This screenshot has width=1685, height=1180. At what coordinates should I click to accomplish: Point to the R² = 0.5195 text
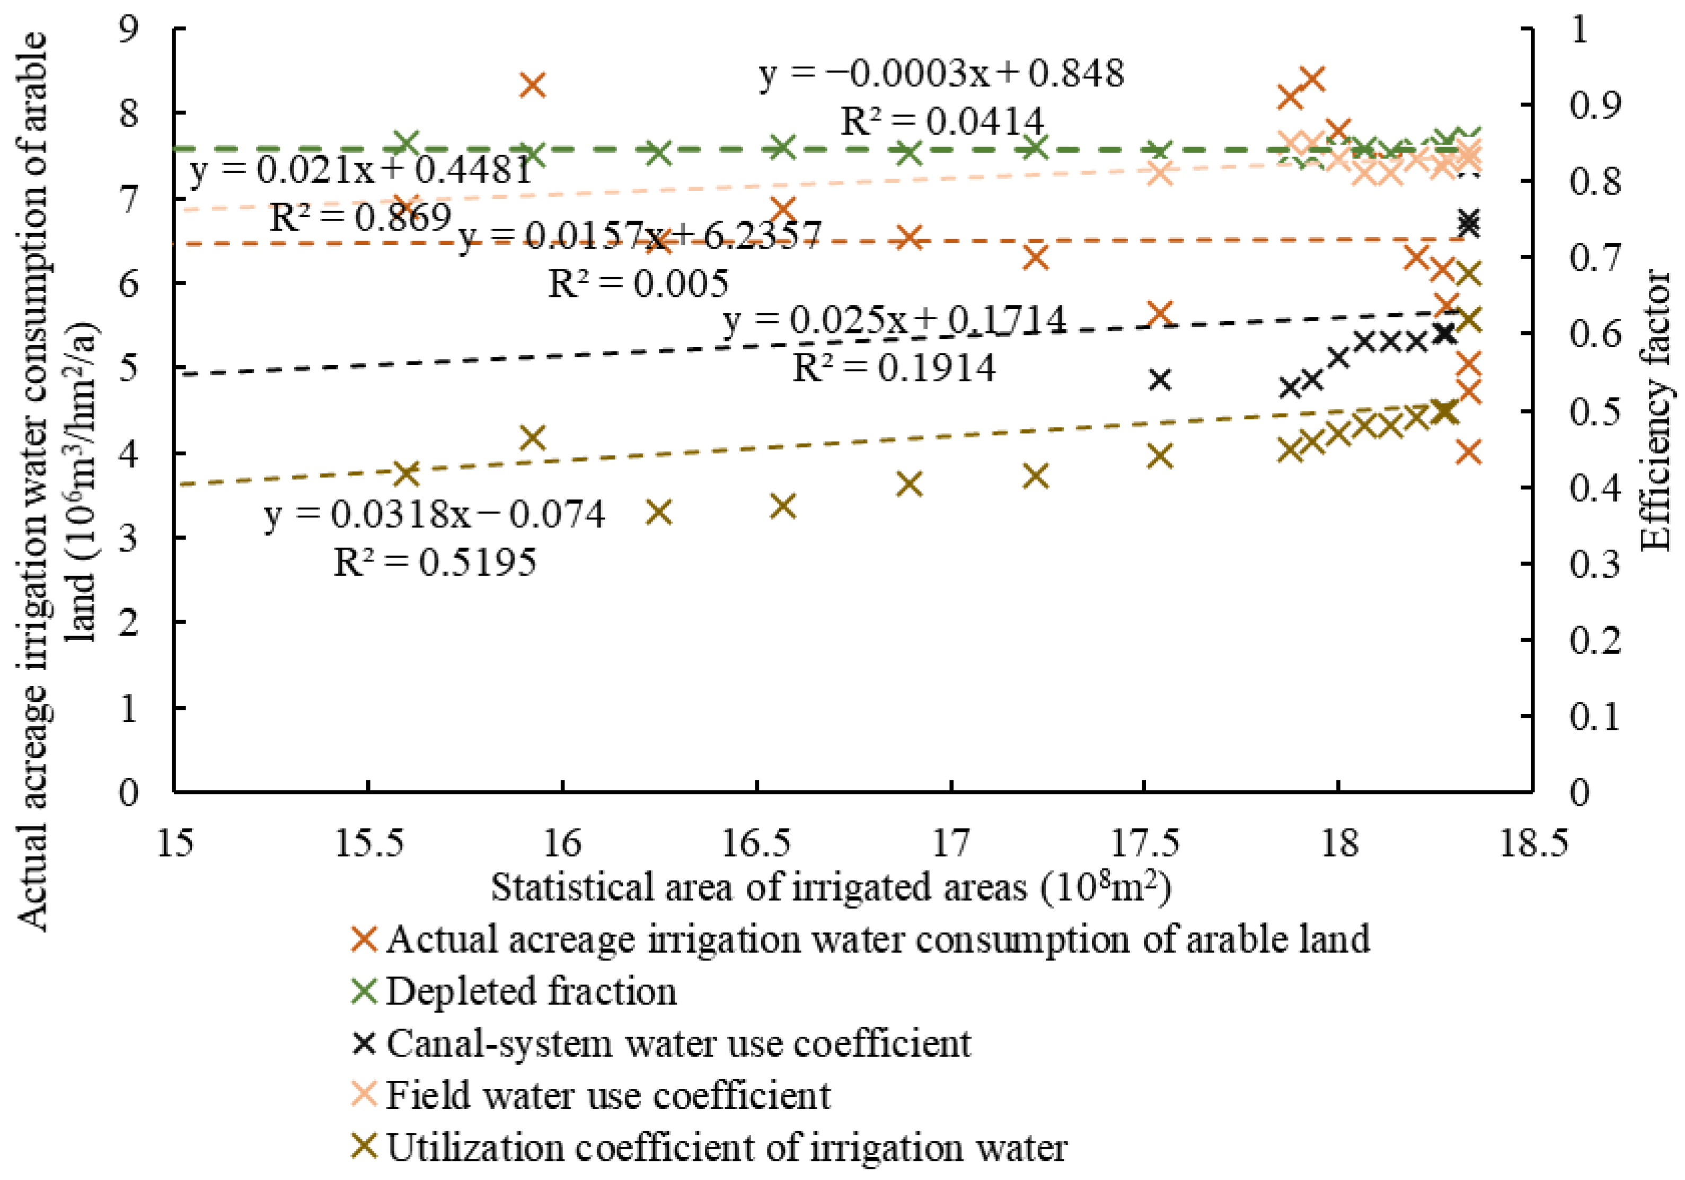pyautogui.click(x=435, y=563)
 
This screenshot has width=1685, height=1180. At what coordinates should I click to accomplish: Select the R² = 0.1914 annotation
pyautogui.click(x=893, y=368)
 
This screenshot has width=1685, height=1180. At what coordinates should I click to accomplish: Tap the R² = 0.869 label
pyautogui.click(x=359, y=218)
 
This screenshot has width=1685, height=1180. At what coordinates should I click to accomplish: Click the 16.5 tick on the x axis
pyautogui.click(x=757, y=843)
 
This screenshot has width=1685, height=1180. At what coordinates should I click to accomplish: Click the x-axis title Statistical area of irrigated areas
pyautogui.click(x=830, y=887)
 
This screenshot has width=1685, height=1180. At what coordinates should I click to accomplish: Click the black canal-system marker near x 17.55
pyautogui.click(x=1160, y=380)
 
